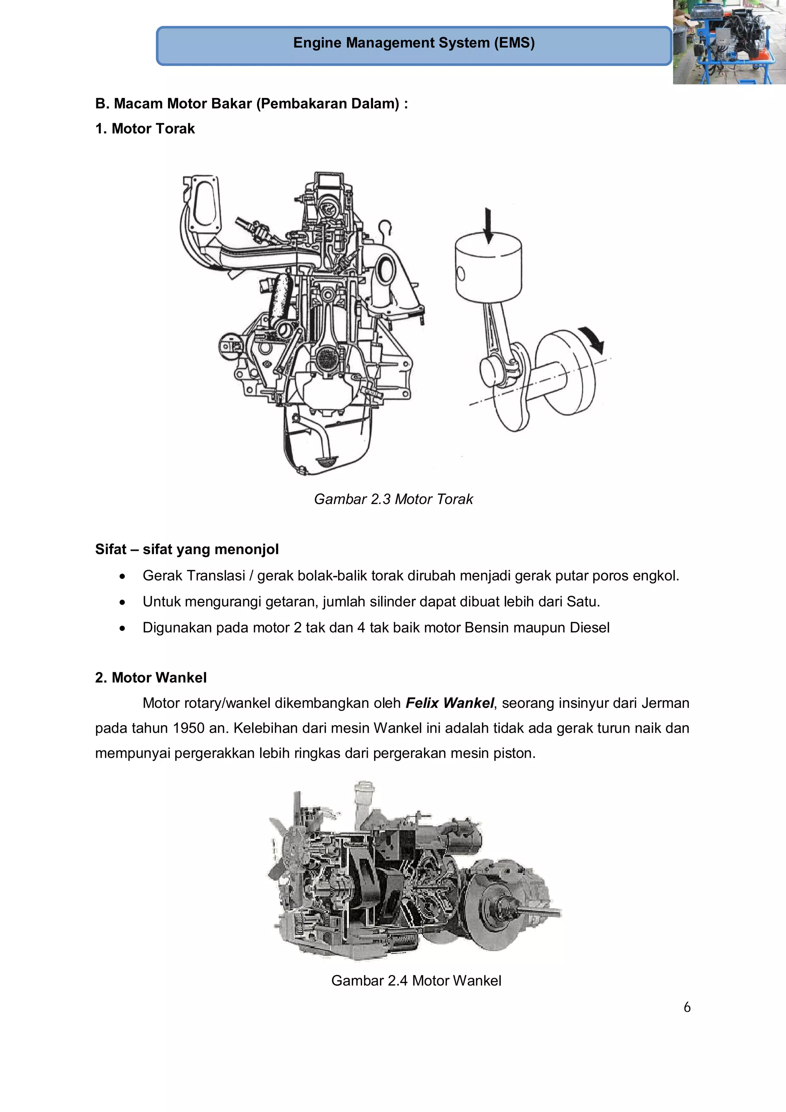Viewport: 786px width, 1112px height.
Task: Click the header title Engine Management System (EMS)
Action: pyautogui.click(x=414, y=43)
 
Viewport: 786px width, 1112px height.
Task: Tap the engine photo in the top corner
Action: pyautogui.click(x=729, y=42)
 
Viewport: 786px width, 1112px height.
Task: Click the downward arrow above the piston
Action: pyautogui.click(x=488, y=226)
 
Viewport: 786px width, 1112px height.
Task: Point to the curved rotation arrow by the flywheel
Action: pyautogui.click(x=593, y=339)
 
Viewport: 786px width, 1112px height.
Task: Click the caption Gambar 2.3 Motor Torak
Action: pyautogui.click(x=393, y=499)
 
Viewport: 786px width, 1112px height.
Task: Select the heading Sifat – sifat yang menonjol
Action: pyautogui.click(x=187, y=549)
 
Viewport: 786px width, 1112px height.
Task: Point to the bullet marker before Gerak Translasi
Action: pyautogui.click(x=122, y=576)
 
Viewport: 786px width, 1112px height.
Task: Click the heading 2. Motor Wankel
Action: pyautogui.click(x=150, y=677)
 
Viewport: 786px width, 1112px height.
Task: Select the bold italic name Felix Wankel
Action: pyautogui.click(x=449, y=703)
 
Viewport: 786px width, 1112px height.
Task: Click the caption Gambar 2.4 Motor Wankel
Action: pyautogui.click(x=416, y=981)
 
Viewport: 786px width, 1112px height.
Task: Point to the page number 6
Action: pyautogui.click(x=687, y=1007)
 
